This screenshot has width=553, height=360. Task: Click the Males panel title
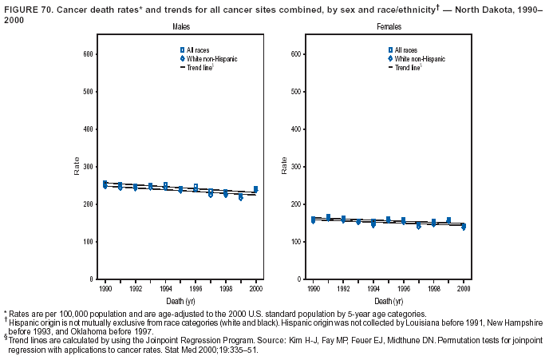coord(180,28)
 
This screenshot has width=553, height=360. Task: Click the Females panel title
coord(389,28)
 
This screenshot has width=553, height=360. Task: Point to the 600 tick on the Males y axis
coord(89,53)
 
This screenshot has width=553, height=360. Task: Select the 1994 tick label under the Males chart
coord(165,288)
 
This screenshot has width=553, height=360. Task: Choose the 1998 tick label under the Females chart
coord(433,288)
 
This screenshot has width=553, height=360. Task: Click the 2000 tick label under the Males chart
coord(255,288)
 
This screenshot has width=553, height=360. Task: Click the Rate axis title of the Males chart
coord(77,166)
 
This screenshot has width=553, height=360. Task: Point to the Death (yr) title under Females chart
coord(388,301)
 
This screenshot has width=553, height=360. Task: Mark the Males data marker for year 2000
coord(255,189)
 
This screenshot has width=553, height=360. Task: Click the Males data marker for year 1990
coord(105,184)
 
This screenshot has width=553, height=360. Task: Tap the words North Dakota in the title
coord(464,6)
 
